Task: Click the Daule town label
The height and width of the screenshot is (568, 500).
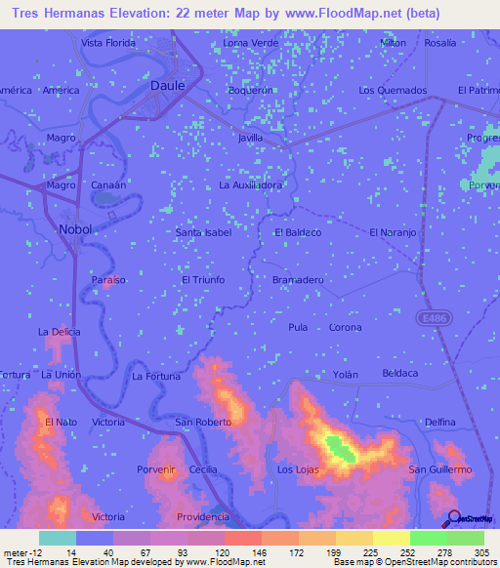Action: tap(167, 85)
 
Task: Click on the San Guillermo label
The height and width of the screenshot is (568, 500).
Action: tap(440, 469)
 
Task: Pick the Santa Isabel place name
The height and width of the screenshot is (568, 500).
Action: tap(202, 233)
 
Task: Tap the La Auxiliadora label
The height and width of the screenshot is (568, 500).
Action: tap(251, 184)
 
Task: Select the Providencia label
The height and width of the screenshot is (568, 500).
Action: tap(203, 516)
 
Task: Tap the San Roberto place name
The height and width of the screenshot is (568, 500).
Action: tap(203, 422)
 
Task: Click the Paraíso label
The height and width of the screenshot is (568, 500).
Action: tap(109, 279)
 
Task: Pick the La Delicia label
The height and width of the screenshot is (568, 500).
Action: tap(60, 332)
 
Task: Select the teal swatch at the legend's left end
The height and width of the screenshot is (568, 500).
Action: tap(57, 538)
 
